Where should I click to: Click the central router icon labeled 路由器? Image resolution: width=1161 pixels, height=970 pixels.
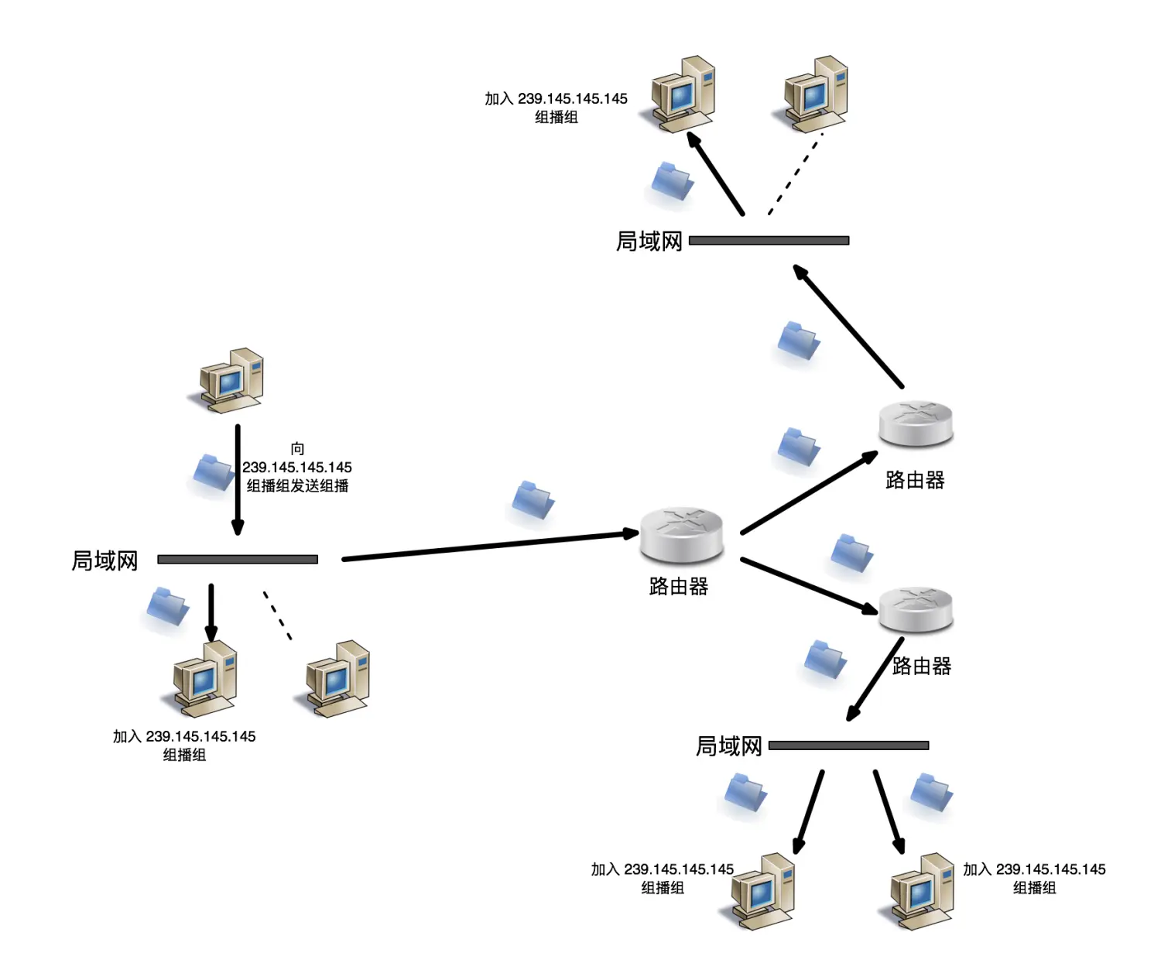(x=681, y=535)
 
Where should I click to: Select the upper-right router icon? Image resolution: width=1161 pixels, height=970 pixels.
(x=916, y=423)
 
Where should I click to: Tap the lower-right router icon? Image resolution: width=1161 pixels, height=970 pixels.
(x=916, y=609)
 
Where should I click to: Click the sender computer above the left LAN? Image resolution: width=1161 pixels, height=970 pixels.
(x=229, y=380)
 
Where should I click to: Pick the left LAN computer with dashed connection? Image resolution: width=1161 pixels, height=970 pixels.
(x=336, y=678)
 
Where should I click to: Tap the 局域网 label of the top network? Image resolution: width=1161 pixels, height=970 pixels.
(x=649, y=242)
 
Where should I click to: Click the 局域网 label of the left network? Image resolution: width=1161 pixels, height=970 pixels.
(x=104, y=560)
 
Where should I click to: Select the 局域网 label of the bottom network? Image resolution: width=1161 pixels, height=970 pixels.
(x=728, y=746)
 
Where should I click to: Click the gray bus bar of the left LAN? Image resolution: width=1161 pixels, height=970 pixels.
(x=238, y=559)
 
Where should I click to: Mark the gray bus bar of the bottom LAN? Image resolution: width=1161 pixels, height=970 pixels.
(x=848, y=745)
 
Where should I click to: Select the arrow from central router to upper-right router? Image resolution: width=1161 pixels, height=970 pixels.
(x=808, y=494)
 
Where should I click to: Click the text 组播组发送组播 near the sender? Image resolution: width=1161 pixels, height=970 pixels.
(x=297, y=486)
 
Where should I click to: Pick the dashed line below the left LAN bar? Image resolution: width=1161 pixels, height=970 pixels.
(x=277, y=615)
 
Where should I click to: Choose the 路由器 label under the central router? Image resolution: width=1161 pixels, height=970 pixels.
(x=679, y=587)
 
